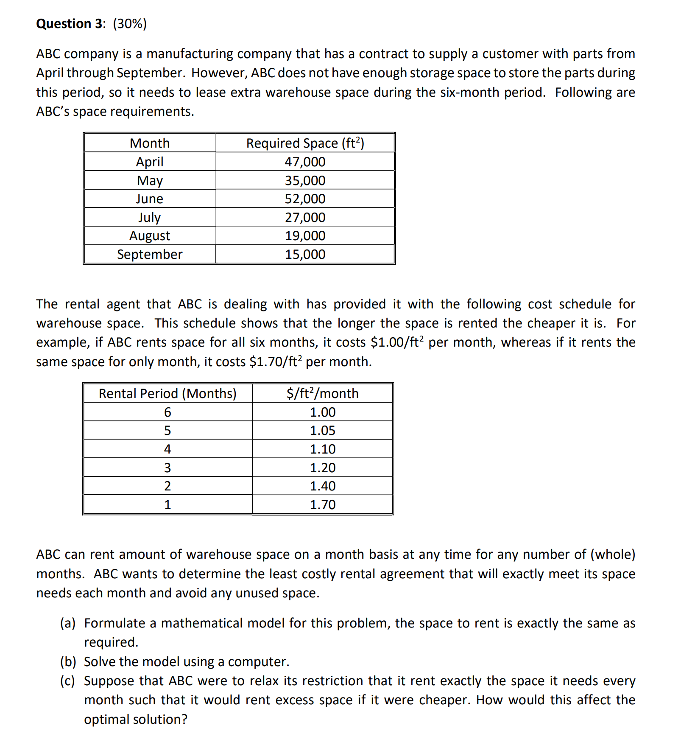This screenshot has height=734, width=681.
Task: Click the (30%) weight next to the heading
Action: coord(130,24)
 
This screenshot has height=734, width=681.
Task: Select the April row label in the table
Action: coord(149,162)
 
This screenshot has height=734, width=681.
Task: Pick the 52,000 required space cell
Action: coord(305,199)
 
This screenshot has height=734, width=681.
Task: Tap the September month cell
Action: coord(149,254)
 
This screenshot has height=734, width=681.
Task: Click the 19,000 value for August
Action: coord(305,235)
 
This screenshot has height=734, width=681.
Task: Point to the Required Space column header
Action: coord(305,143)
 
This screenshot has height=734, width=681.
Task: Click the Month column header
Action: coord(149,143)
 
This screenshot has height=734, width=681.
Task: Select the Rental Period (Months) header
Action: coord(167,393)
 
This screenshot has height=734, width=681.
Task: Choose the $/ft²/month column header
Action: coord(322,393)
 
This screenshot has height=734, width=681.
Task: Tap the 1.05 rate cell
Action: coord(322,430)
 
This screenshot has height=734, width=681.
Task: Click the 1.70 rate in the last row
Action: coord(322,504)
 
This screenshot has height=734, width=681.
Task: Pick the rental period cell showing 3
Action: coord(167,468)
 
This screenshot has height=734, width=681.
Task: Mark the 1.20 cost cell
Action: coord(322,468)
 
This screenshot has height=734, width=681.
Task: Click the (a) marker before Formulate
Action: coord(68,623)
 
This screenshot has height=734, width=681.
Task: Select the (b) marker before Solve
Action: coord(68,661)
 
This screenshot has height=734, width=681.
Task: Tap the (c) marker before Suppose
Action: coord(68,681)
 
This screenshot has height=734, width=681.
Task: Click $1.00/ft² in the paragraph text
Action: coord(397,342)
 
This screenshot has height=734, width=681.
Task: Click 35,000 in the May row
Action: coord(305,180)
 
